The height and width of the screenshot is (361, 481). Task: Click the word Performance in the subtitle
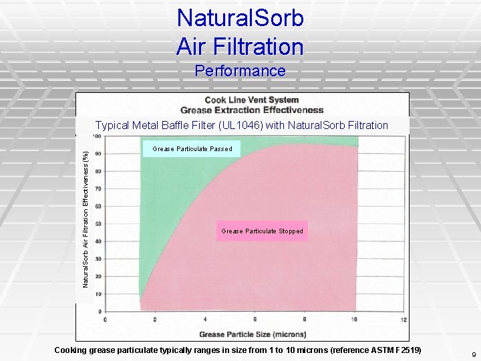(x=240, y=71)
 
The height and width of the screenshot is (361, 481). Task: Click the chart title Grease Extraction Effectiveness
(x=252, y=110)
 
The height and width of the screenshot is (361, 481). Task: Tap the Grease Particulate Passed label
(x=192, y=148)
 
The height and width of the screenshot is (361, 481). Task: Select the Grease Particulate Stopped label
(x=262, y=231)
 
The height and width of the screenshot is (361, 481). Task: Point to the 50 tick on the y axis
(x=99, y=224)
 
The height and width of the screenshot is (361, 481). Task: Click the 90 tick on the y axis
(x=99, y=154)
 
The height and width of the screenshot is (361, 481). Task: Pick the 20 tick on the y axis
(x=99, y=276)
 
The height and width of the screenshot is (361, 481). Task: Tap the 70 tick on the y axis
(x=99, y=189)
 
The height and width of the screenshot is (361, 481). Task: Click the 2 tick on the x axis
(x=155, y=320)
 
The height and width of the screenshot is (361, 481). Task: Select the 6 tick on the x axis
(x=255, y=320)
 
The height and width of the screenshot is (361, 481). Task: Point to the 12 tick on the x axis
(x=404, y=320)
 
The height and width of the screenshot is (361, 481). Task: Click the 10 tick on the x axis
(x=353, y=320)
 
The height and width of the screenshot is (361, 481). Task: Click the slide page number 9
(x=474, y=354)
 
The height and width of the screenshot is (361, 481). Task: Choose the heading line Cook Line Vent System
(x=252, y=100)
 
